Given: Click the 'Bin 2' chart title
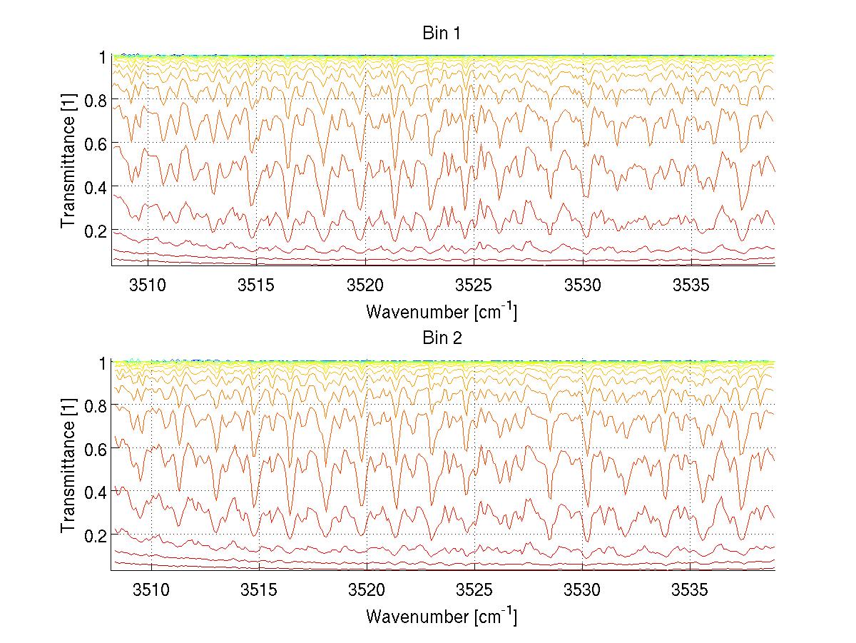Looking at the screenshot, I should point(442,338).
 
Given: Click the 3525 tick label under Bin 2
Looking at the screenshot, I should point(474,590).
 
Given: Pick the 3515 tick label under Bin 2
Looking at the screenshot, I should point(257,590).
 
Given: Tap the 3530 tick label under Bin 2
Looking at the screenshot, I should point(583,590).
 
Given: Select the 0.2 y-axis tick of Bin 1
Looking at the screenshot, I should point(93,231).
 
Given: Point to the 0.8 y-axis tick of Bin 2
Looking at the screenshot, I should point(93,405).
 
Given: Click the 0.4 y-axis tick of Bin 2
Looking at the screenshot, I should point(93,492).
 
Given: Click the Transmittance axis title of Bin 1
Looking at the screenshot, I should point(68,161).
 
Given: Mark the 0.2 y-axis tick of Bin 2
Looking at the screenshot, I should point(93,535).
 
